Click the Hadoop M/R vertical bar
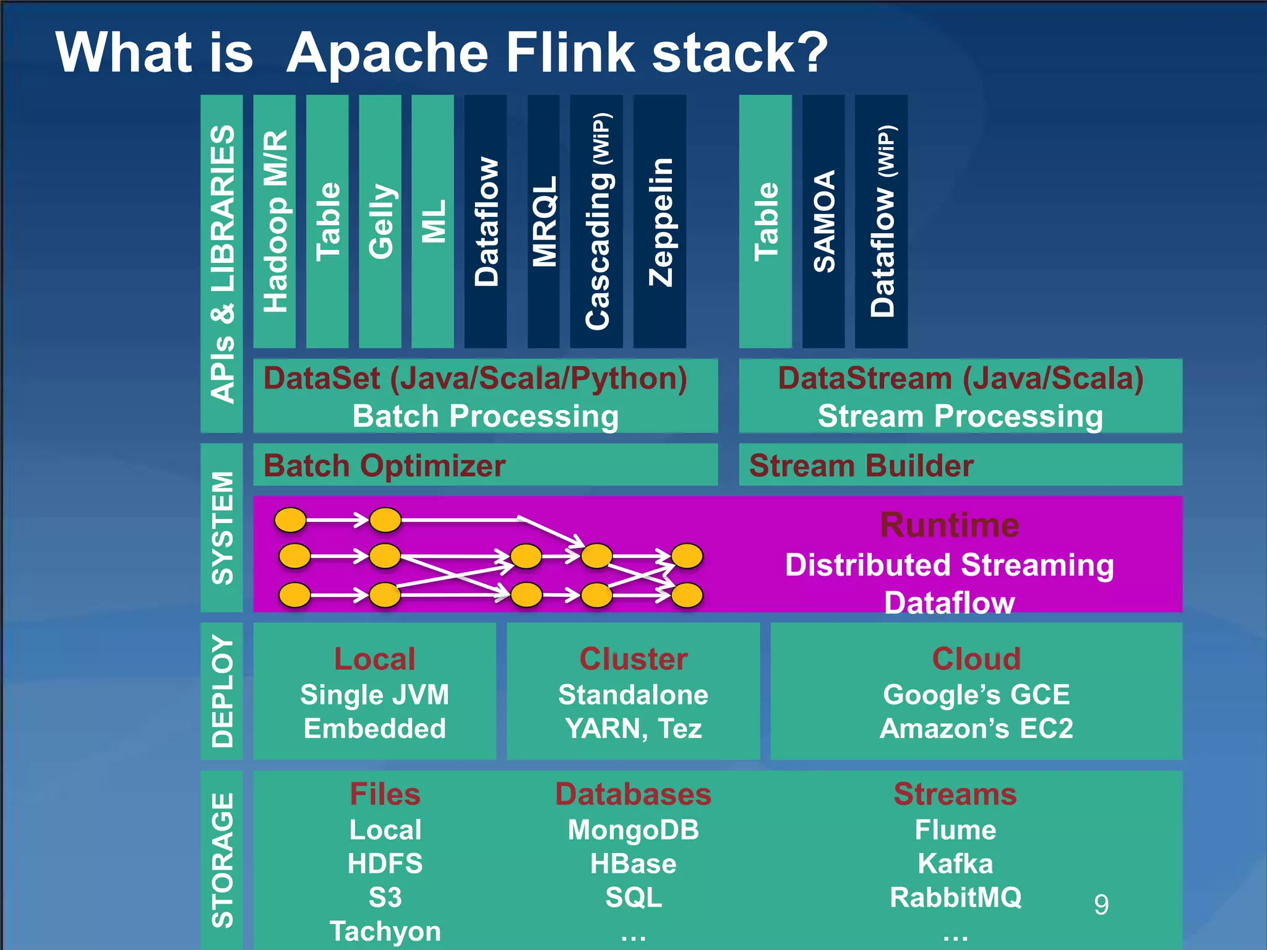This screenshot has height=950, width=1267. (274, 221)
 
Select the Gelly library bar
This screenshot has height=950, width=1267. (380, 221)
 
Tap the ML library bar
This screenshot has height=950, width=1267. (432, 221)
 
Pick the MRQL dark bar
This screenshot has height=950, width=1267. (544, 221)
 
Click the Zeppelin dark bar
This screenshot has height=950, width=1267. (659, 221)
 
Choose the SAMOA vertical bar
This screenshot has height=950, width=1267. (823, 221)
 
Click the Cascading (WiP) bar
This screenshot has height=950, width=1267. (596, 221)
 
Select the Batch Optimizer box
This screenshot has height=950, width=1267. (485, 465)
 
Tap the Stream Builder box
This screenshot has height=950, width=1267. (960, 465)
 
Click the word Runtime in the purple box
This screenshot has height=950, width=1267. (950, 525)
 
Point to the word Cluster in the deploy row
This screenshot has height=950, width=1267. (633, 659)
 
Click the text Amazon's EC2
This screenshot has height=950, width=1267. (976, 729)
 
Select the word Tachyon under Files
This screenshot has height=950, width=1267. (385, 931)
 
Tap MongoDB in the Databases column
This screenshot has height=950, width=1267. (633, 830)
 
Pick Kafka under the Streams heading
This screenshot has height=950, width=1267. (955, 863)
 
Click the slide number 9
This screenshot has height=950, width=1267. (1101, 905)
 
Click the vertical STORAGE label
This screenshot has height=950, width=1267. (222, 860)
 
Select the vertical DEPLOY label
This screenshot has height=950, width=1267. (222, 691)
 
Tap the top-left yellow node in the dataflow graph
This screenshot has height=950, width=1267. (290, 520)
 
